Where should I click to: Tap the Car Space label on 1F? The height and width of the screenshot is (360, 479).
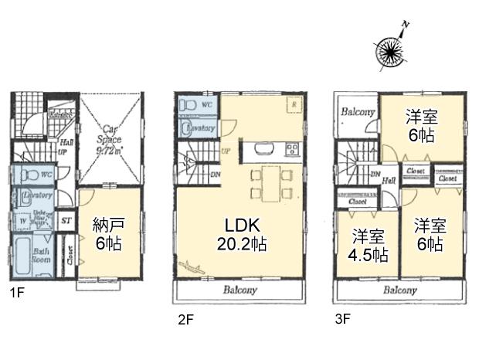(110, 142)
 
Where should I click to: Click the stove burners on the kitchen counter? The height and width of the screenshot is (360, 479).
(293, 148)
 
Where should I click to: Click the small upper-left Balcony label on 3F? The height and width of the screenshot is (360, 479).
(358, 112)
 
